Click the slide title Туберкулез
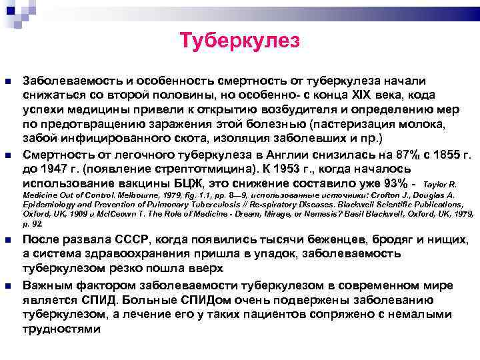tap(240, 41)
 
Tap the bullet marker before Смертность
tap(9, 153)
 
